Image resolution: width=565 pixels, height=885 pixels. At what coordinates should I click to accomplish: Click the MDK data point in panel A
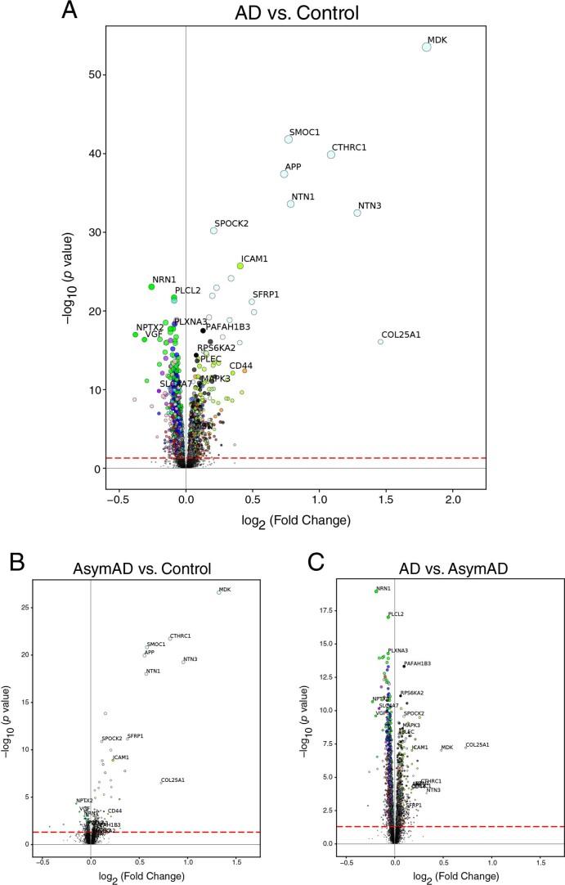[x=426, y=47]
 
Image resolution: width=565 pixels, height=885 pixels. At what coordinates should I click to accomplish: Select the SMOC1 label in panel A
[x=304, y=132]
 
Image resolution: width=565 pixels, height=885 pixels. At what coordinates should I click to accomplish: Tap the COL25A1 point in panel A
[x=380, y=342]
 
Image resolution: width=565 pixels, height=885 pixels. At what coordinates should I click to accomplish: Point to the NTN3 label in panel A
[x=370, y=205]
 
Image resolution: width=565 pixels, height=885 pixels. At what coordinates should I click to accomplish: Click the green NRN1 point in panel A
[x=151, y=286]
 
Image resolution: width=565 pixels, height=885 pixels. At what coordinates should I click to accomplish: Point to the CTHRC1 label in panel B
[x=180, y=636]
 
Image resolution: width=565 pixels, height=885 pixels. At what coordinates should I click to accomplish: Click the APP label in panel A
[x=293, y=166]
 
